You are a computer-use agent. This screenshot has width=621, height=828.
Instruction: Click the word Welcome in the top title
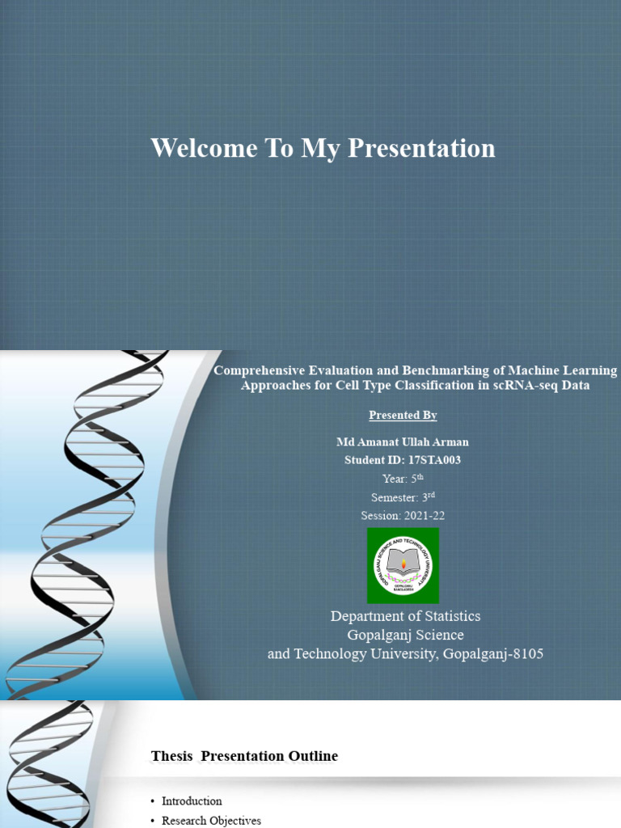[x=204, y=148]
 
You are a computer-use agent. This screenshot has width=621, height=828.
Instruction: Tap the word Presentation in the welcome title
[x=421, y=149]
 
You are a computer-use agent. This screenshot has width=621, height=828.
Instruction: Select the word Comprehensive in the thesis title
[x=260, y=370]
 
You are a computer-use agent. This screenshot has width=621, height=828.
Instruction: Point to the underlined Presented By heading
[x=403, y=415]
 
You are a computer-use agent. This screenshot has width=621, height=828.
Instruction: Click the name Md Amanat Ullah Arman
[x=403, y=441]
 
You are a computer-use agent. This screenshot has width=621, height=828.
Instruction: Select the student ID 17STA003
[x=434, y=460]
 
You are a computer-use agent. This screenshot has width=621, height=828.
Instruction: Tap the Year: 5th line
[x=403, y=479]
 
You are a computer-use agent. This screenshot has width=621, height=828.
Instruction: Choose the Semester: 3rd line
[x=403, y=497]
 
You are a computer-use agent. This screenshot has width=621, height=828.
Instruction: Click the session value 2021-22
[x=424, y=516]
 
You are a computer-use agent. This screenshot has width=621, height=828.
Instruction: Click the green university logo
[x=403, y=565]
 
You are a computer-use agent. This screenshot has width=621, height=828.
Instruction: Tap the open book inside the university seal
[x=403, y=562]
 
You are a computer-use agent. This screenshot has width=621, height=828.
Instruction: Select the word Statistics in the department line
[x=453, y=616]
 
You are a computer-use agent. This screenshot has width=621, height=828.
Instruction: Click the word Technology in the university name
[x=330, y=654]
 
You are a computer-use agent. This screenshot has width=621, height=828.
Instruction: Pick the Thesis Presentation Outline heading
[x=244, y=756]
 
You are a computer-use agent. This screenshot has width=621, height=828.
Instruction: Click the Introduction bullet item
[x=192, y=801]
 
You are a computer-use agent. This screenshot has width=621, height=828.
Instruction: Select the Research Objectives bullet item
[x=211, y=821]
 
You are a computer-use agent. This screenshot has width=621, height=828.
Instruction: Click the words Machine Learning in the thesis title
[x=563, y=371]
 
